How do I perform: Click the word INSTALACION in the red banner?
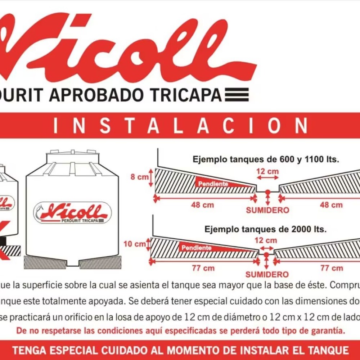coord(180,126)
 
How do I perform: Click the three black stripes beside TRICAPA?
coord(237,94)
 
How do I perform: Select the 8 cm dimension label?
coord(139,177)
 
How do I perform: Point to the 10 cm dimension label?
coord(135,244)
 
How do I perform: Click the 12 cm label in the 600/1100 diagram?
coord(267,171)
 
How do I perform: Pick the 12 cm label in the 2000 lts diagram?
coord(266,240)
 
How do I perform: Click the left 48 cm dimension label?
coord(202,205)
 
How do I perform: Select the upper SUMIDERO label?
coord(267,210)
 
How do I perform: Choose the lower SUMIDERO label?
coord(267,275)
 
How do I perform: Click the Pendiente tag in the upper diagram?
coord(213,184)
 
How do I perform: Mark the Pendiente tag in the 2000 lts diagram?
coord(197,248)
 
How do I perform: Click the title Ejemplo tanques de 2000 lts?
coord(266,229)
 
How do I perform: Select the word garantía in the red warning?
coord(328,330)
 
